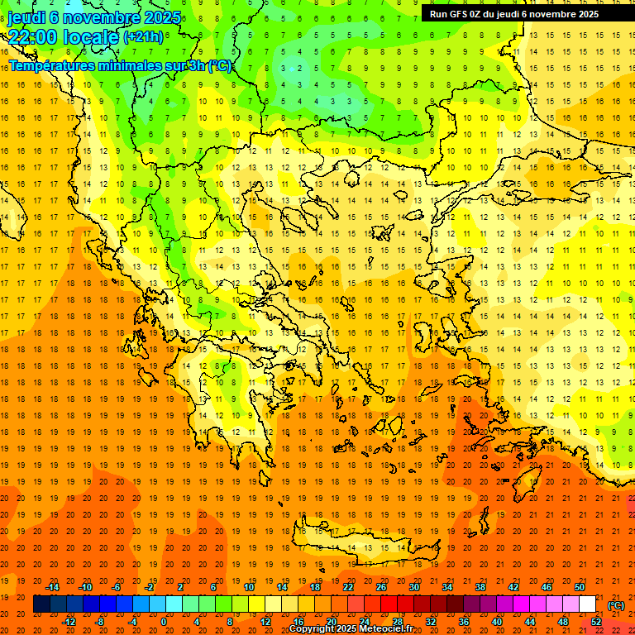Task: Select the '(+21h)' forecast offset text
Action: pos(143,37)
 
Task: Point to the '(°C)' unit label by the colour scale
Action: pos(615,605)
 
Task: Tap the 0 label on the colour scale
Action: pos(164,622)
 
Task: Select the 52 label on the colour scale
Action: pos(596,622)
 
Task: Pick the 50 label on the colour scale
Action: pos(580,587)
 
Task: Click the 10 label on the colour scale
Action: pos(248,587)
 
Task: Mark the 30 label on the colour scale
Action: pos(413,587)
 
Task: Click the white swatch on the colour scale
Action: pos(588,604)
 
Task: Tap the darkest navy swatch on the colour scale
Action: pos(41,604)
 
